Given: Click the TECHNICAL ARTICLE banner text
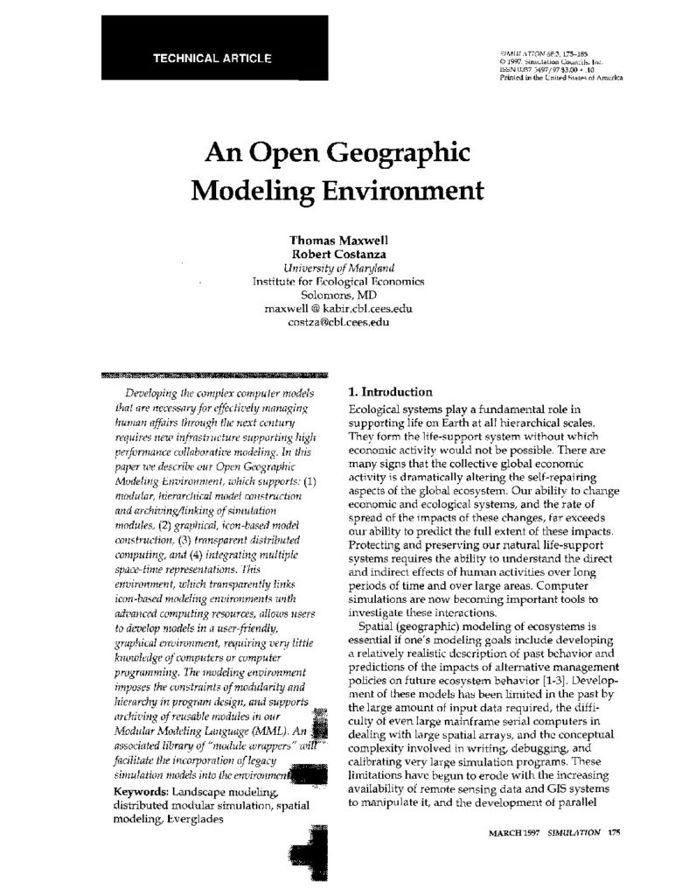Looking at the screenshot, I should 212,59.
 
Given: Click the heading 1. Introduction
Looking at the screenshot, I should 390,392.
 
